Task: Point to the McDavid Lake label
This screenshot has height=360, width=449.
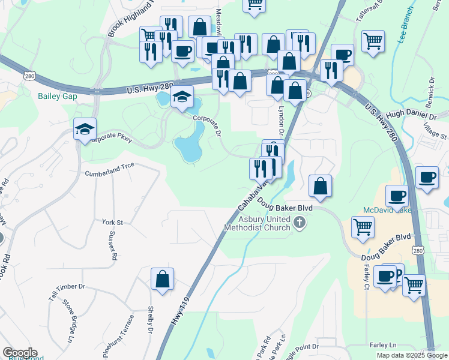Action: tap(388, 210)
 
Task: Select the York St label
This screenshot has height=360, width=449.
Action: tap(112, 222)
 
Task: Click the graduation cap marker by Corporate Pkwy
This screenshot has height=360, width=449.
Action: tap(85, 128)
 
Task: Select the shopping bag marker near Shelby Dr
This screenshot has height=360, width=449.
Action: tap(162, 280)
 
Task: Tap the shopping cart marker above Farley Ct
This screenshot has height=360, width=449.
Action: tap(363, 228)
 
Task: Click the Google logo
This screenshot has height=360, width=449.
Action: tap(20, 353)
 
